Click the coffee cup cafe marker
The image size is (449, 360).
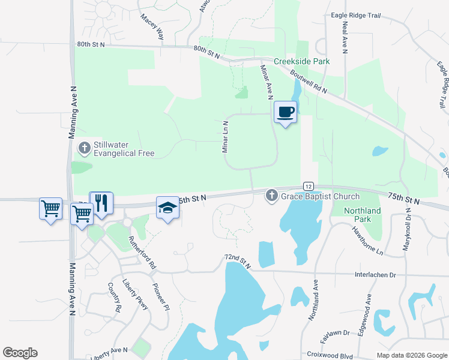285,112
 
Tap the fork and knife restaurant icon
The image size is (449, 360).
101,203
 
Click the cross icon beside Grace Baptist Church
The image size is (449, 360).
271,196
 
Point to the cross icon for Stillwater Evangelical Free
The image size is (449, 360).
85,147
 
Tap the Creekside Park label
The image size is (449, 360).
302,61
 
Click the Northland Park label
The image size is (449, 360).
363,215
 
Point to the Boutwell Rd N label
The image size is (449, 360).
308,82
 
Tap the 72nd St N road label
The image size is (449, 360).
236,260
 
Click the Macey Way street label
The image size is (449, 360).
152,28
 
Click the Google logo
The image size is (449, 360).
20,353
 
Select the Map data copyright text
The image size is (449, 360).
411,355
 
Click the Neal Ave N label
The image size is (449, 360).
345,37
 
